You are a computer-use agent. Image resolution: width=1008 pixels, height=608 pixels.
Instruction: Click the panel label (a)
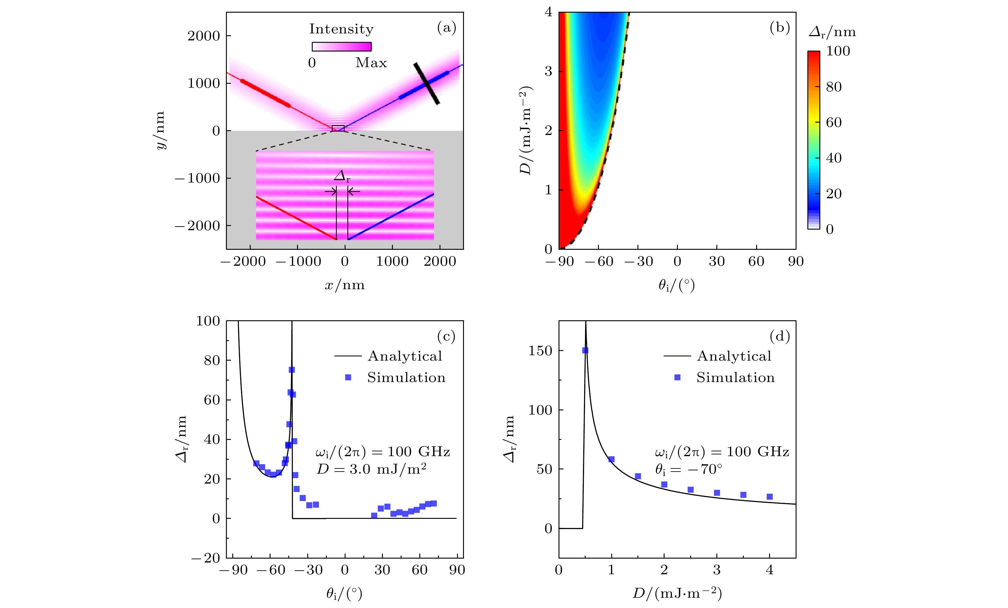click(x=446, y=27)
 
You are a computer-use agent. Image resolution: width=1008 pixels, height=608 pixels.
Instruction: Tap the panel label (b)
click(x=779, y=27)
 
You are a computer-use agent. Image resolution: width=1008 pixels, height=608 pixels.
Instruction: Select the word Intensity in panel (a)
click(x=341, y=29)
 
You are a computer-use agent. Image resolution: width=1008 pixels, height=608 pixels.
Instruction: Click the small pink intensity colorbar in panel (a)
click(x=342, y=47)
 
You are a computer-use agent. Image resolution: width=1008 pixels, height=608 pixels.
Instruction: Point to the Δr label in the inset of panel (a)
click(x=342, y=176)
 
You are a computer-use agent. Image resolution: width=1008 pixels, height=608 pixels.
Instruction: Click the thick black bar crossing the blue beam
click(x=426, y=83)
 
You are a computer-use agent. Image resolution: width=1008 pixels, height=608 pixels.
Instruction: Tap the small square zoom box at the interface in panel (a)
click(x=338, y=128)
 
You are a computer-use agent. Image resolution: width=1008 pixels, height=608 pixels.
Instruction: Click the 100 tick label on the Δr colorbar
click(x=838, y=51)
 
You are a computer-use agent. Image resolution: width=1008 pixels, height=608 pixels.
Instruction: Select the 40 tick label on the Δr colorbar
click(x=834, y=158)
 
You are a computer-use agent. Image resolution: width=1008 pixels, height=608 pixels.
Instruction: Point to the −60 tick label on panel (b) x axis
click(x=599, y=262)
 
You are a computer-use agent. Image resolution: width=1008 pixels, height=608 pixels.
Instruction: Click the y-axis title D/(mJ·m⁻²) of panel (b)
click(x=525, y=130)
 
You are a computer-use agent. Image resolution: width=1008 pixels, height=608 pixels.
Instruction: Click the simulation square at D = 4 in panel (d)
click(x=769, y=497)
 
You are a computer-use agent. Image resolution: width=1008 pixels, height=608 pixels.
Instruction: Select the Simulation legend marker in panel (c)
click(x=348, y=377)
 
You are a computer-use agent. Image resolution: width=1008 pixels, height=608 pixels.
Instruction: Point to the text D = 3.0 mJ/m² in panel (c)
click(x=371, y=469)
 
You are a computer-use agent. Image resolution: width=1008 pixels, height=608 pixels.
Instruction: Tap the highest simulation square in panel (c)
click(x=292, y=370)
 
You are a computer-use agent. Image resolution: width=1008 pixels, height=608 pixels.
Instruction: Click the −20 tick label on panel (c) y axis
click(x=206, y=558)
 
